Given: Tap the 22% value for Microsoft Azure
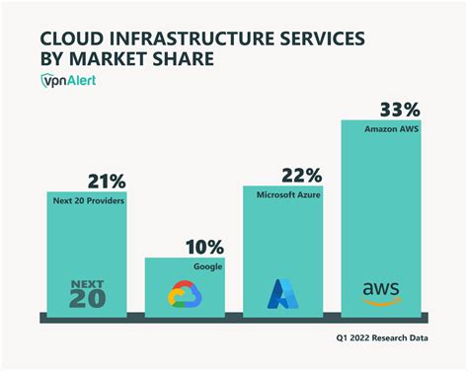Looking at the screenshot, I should (300, 175).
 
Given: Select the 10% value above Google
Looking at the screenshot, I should (203, 246).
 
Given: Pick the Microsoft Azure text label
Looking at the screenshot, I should (287, 195).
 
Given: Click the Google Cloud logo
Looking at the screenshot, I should (185, 294).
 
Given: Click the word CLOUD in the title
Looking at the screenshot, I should (72, 38).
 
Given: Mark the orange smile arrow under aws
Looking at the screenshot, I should (381, 301).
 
